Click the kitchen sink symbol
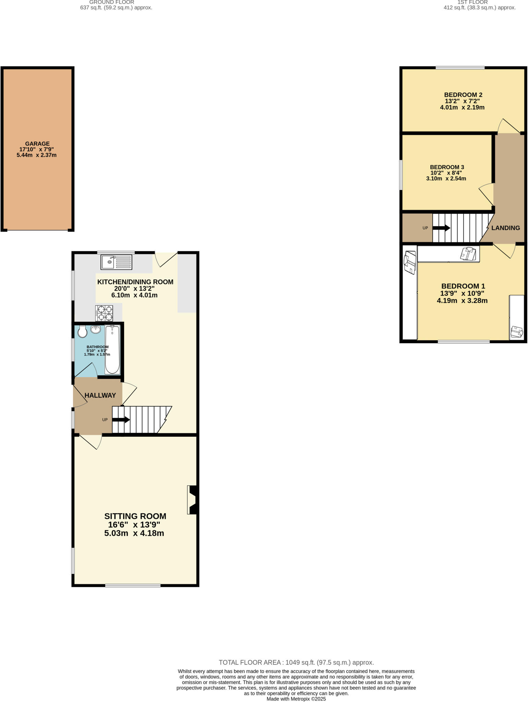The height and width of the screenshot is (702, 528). click(116, 262)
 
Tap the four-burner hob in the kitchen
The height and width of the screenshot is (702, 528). click(104, 313)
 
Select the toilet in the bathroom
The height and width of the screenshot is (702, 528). click(82, 332)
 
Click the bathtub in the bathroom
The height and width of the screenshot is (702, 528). click(112, 350)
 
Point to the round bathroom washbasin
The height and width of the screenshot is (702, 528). click(96, 330)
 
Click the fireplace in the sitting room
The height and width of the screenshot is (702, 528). click(192, 500)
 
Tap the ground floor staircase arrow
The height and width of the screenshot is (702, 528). click(121, 419)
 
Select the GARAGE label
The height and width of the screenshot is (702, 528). click(37, 144)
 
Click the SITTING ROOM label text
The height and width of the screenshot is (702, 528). click(135, 516)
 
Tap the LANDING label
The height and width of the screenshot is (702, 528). click(505, 228)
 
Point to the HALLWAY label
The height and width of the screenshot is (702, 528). click(100, 395)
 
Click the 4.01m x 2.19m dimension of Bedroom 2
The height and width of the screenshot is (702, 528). click(462, 107)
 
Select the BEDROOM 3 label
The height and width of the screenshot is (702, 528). click(447, 167)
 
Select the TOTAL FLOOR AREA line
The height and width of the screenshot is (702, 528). click(296, 663)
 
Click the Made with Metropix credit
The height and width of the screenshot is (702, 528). click(296, 699)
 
